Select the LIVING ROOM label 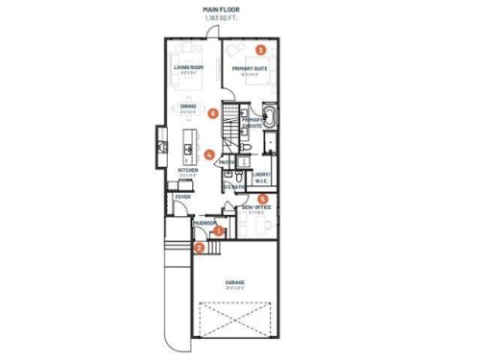click(x=188, y=68)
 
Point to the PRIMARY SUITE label click(x=249, y=68)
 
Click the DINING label click(x=188, y=106)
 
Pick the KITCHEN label click(x=187, y=171)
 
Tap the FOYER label click(x=182, y=197)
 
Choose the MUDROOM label click(x=204, y=223)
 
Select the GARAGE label click(x=233, y=282)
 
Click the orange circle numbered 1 click(x=219, y=230)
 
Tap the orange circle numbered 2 click(x=199, y=247)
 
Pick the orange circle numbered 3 click(x=261, y=49)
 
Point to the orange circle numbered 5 click(x=264, y=199)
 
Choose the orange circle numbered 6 click(x=212, y=113)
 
